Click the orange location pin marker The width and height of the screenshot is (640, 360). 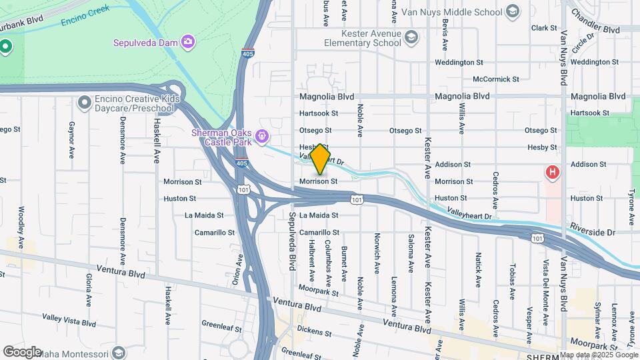(320, 159)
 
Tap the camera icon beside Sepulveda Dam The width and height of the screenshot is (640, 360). (189, 43)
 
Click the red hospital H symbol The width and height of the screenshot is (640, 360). (552, 173)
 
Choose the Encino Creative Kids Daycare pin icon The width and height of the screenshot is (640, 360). (84, 103)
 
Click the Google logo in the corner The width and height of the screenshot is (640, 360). (22, 351)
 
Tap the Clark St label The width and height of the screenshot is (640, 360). (543, 28)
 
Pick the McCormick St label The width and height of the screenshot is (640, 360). (495, 79)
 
